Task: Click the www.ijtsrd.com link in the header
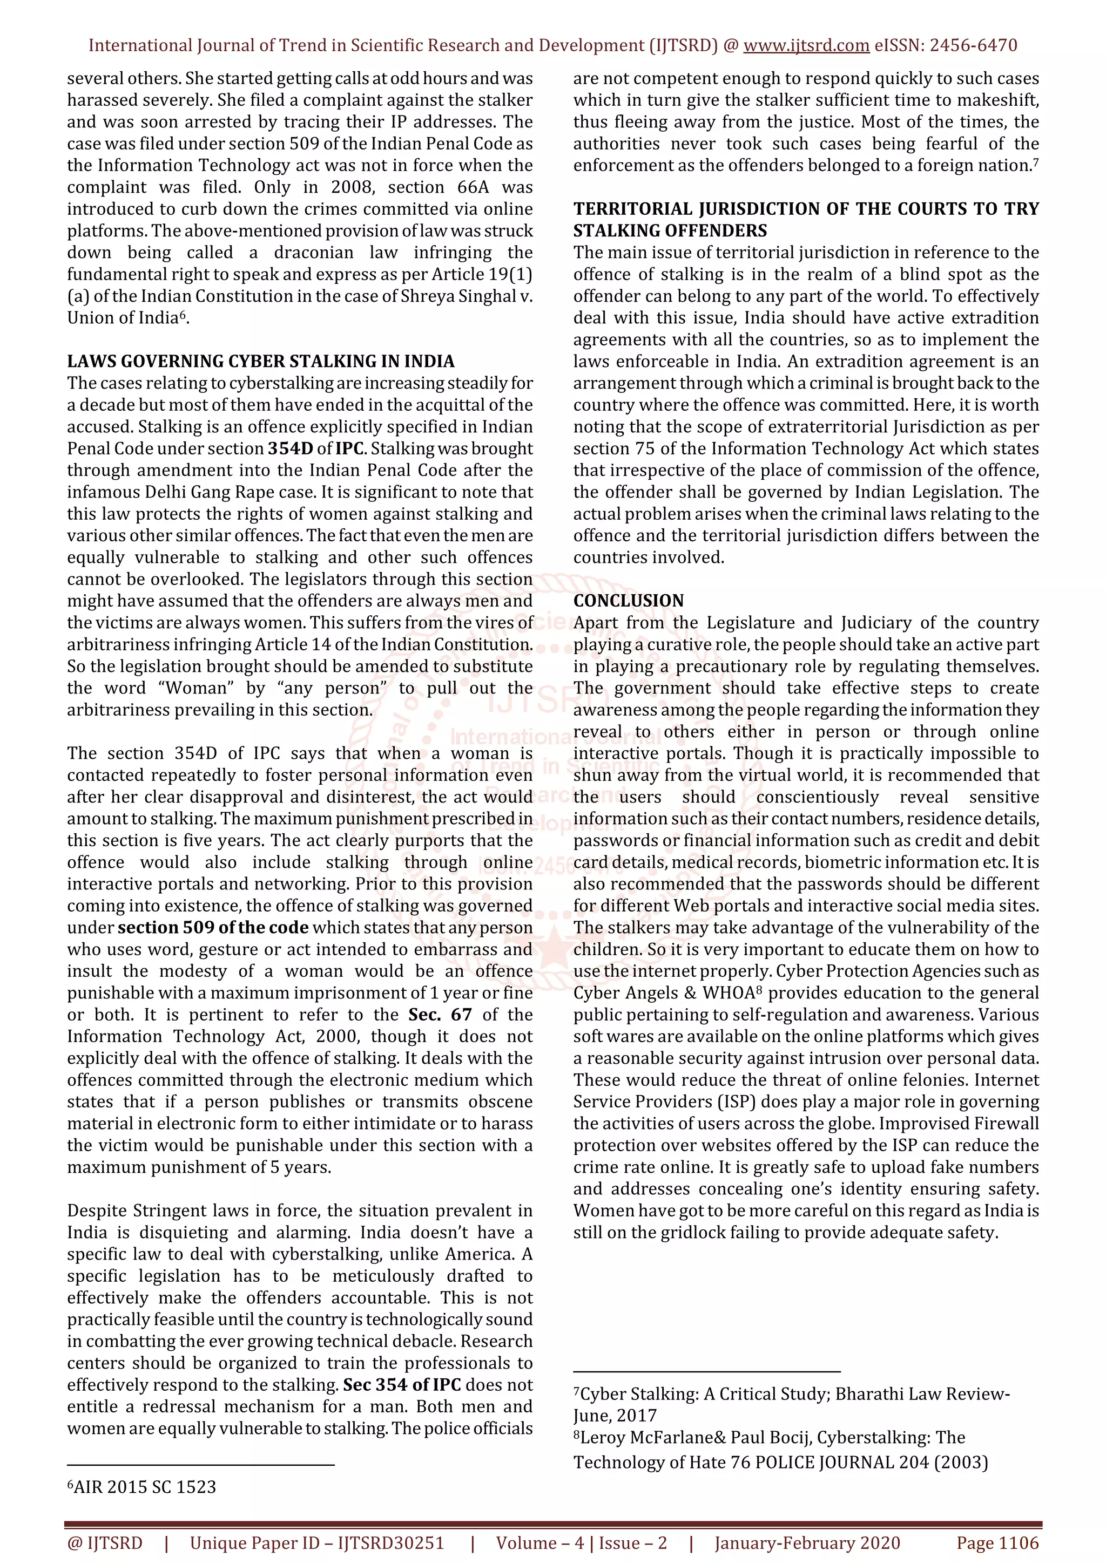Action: pos(806,46)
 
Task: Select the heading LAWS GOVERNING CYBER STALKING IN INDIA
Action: pos(260,361)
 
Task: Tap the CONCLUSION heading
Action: pos(628,600)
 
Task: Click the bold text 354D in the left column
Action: pos(291,449)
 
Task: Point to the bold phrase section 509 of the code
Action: pos(213,928)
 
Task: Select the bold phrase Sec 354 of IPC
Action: pos(402,1385)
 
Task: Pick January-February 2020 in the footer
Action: pos(807,1543)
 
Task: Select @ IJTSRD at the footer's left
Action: pos(105,1543)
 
